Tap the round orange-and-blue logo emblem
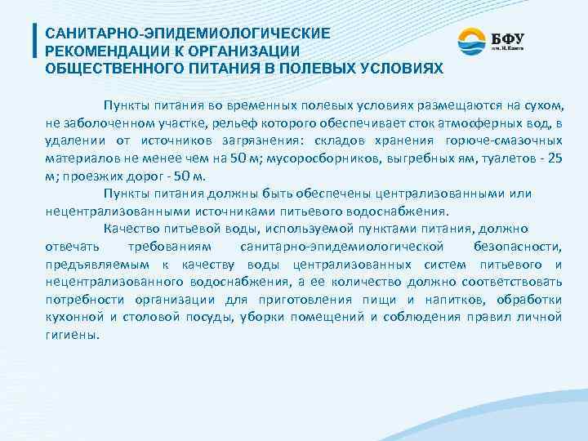click(x=471, y=42)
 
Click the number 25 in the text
click(x=553, y=160)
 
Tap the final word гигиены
click(x=71, y=335)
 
